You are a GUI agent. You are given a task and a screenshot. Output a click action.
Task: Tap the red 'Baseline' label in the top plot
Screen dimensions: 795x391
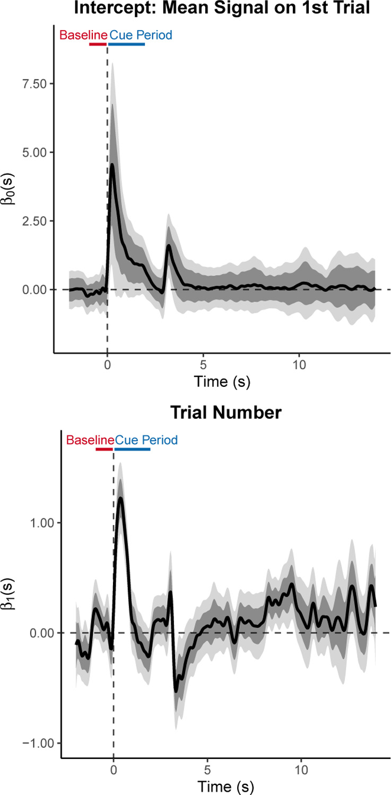pos(83,36)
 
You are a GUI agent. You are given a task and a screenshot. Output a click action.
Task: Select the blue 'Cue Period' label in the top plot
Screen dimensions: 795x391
pos(141,36)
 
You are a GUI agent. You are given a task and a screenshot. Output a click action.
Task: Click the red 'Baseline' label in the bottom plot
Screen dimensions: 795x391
pos(90,440)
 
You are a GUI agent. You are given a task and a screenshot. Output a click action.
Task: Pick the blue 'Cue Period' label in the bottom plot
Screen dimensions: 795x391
pos(146,440)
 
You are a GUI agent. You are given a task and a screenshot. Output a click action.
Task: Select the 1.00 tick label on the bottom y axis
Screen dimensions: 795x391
pos(42,523)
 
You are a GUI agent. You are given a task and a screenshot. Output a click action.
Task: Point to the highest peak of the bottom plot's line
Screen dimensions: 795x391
pos(121,498)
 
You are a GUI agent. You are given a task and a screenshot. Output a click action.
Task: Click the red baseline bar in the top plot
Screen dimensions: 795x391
pos(98,44)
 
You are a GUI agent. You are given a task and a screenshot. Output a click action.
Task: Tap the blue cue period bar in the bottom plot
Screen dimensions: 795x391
pos(132,449)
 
